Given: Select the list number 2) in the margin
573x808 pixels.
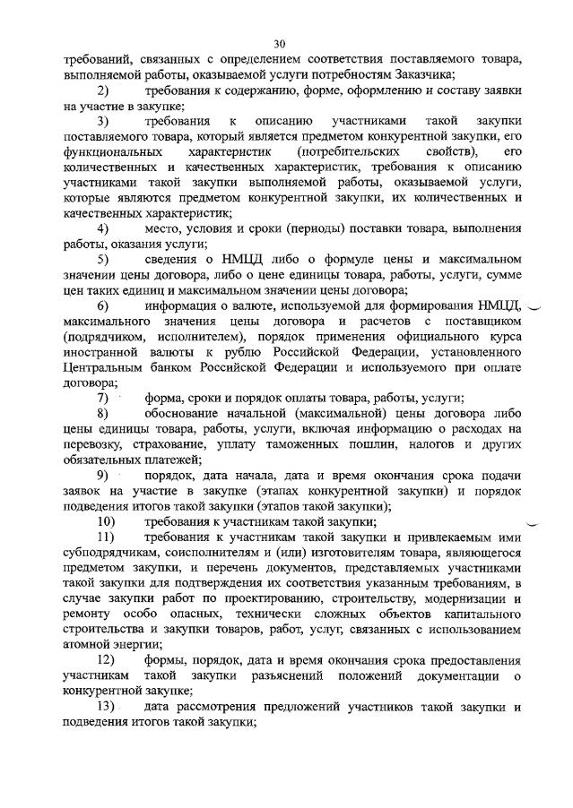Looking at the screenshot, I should pyautogui.click(x=103, y=91).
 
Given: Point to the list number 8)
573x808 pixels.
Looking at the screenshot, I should pyautogui.click(x=103, y=414).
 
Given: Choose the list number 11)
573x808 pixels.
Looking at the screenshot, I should pyautogui.click(x=106, y=537).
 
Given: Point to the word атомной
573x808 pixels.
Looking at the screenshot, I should pyautogui.click(x=91, y=646).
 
